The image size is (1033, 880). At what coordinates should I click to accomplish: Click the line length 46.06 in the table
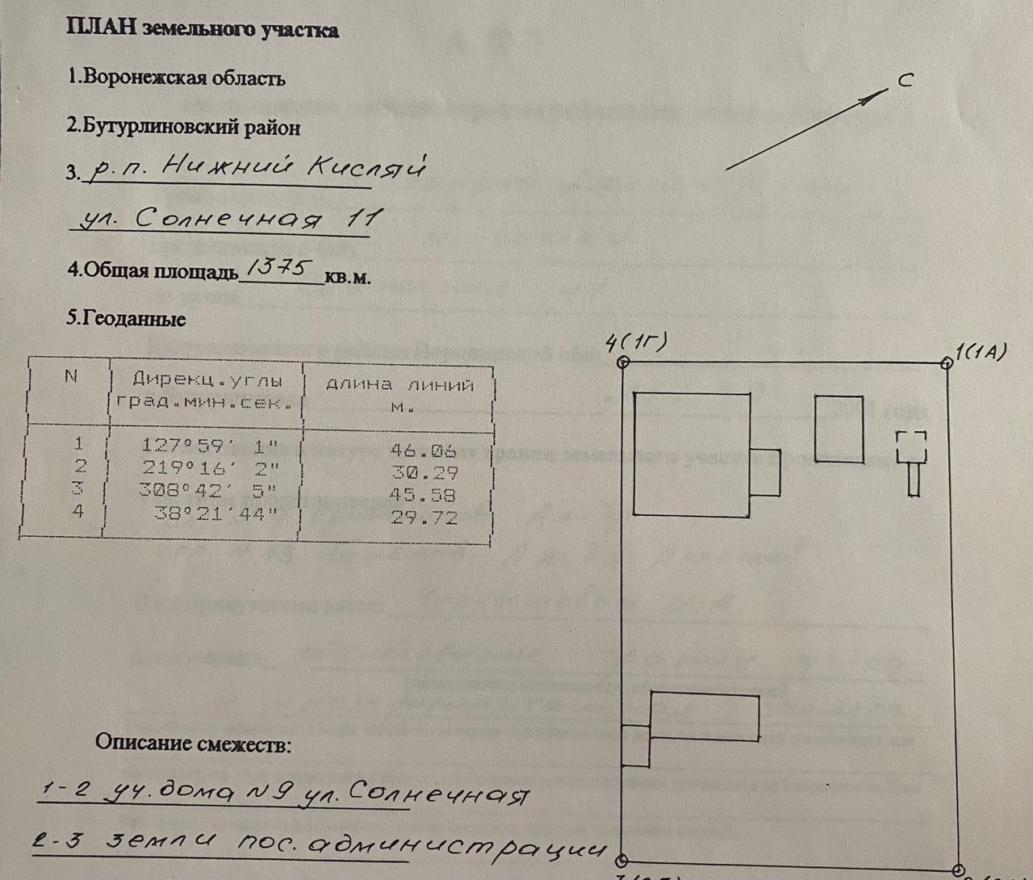423,450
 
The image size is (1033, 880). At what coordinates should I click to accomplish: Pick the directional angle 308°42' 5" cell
208,489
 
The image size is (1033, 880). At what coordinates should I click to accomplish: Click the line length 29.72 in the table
424,517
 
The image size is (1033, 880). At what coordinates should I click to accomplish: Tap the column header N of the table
71,375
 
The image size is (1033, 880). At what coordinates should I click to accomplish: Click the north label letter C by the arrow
905,80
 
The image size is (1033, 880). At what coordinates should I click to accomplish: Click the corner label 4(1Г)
637,343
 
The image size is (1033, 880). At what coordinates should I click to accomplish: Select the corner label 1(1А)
981,353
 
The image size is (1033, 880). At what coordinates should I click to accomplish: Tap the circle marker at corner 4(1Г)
623,362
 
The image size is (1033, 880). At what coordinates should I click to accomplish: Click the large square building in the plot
692,454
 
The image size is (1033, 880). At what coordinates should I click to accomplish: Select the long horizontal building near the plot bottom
705,717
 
